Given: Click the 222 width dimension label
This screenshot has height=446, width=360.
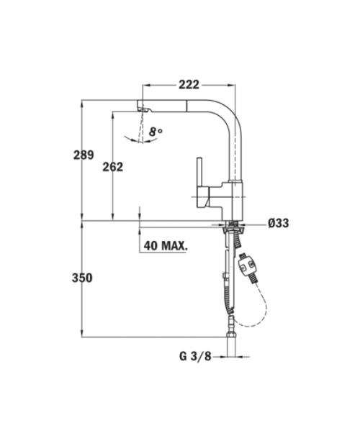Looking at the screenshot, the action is click(189, 84).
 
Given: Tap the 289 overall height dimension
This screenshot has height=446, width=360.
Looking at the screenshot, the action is click(84, 155).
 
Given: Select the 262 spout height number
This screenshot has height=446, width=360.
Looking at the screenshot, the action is click(113, 167).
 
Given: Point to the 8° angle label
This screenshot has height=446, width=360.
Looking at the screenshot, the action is click(156, 132).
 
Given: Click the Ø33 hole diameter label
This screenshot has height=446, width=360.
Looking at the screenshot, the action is click(279, 223).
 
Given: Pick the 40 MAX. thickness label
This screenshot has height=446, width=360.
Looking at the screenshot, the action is click(166, 245).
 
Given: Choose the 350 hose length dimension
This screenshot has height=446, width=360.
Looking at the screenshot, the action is click(82, 278).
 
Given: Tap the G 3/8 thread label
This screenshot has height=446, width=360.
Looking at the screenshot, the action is click(195, 356).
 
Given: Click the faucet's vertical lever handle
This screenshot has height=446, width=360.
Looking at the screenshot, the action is click(199, 173).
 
